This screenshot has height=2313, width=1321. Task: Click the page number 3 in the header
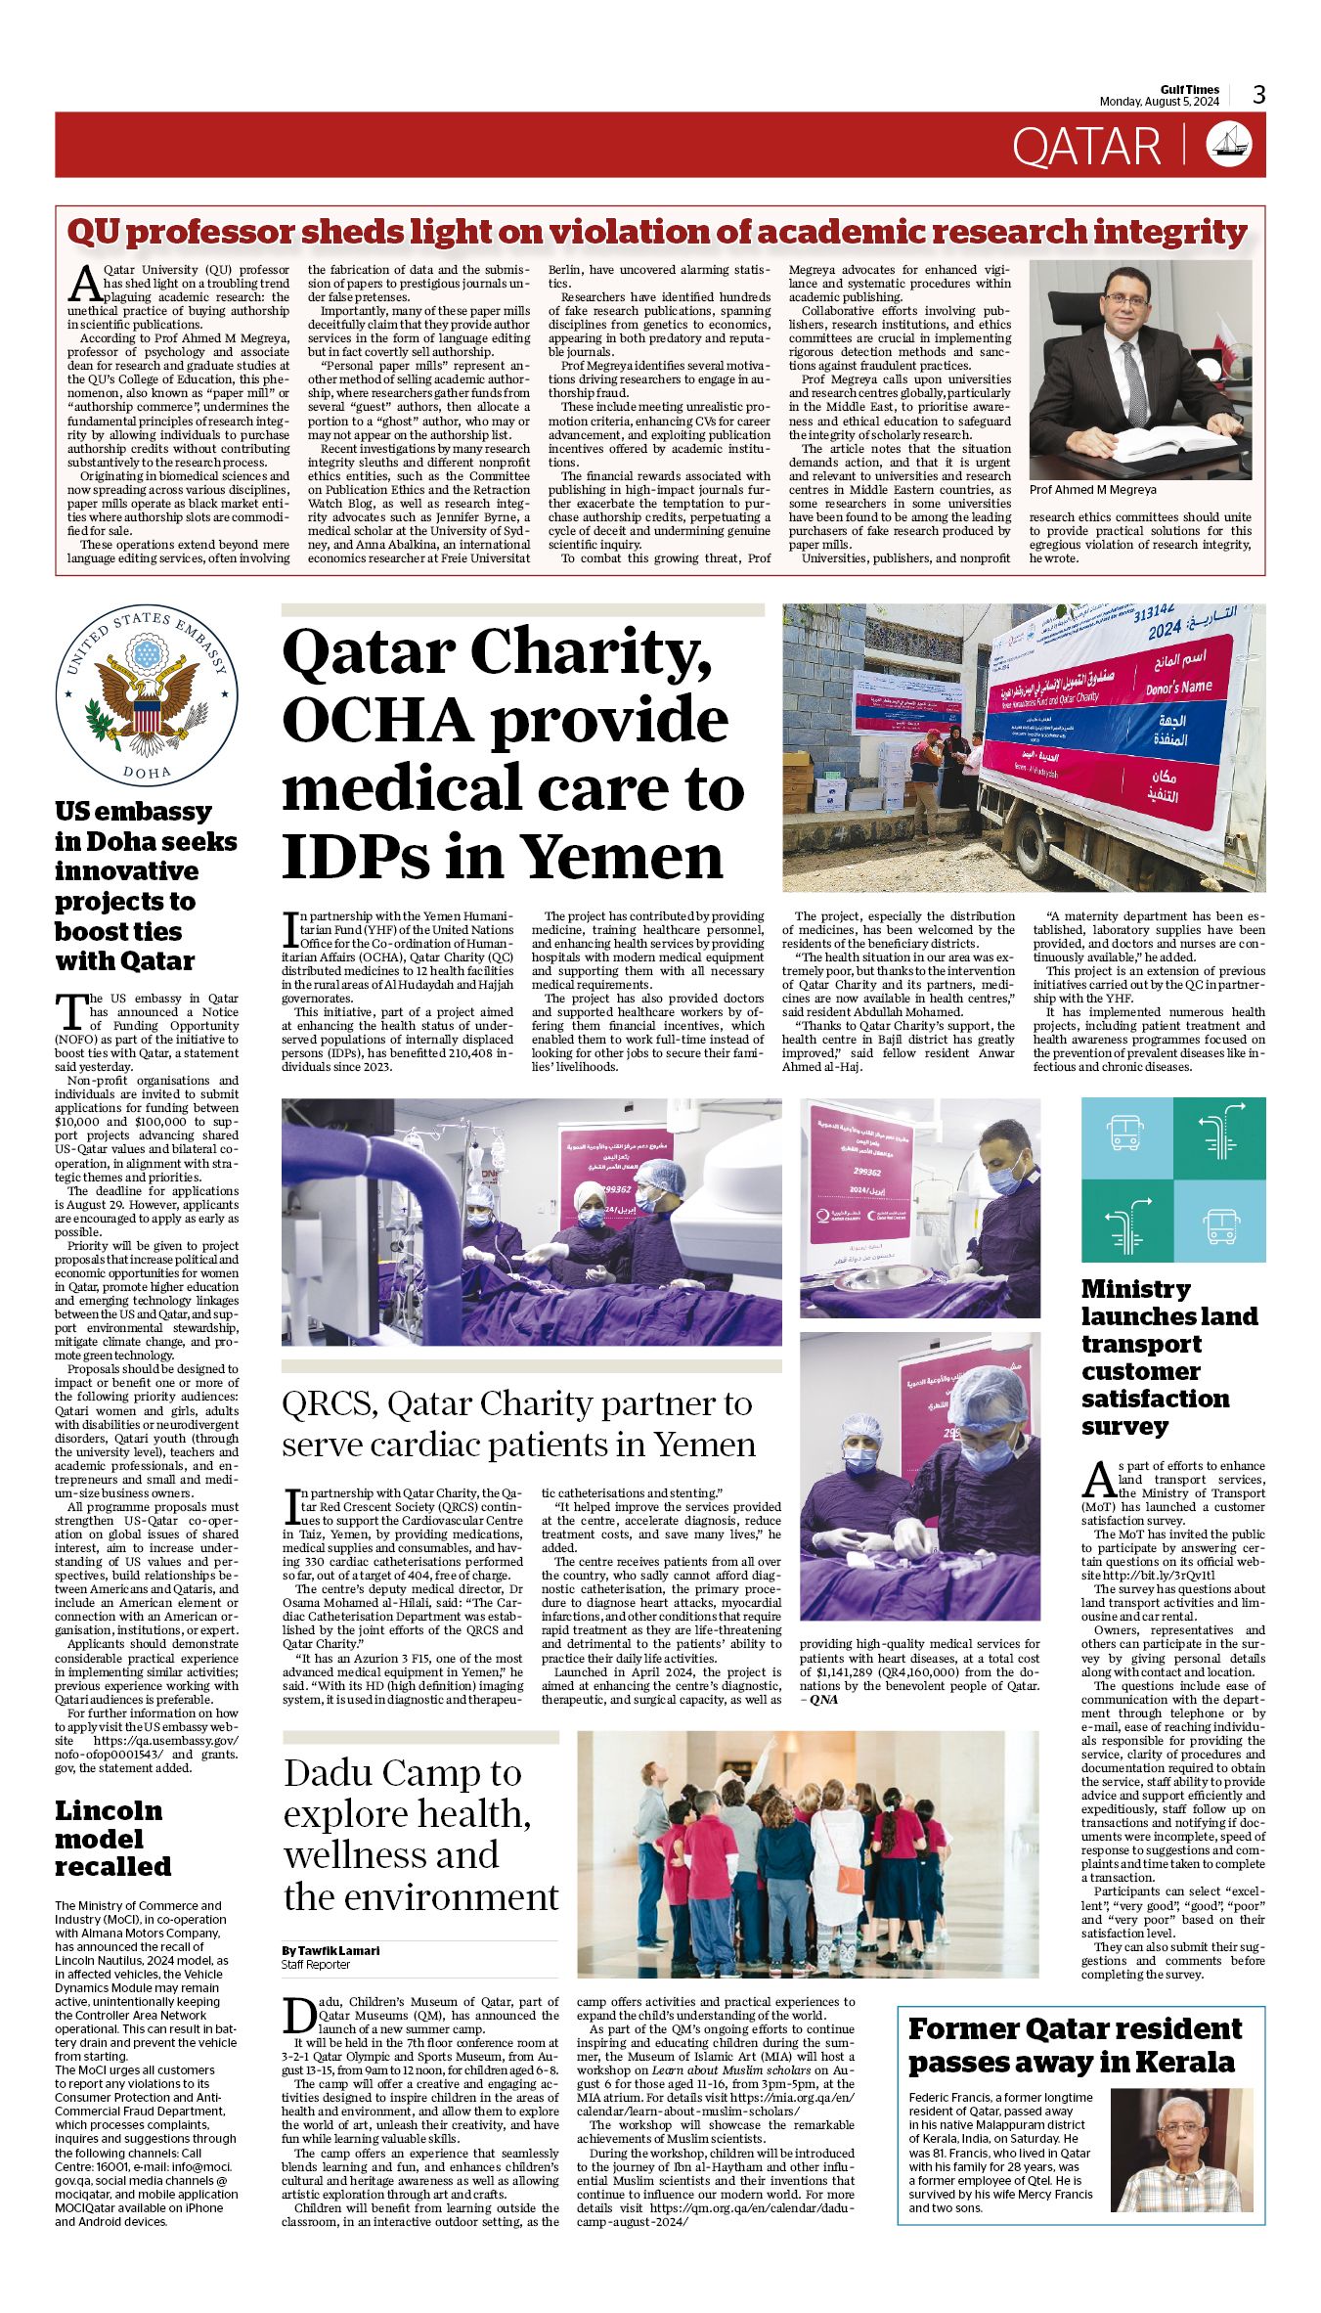pyautogui.click(x=1258, y=95)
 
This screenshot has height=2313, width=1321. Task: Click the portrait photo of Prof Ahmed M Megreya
pyautogui.click(x=1140, y=369)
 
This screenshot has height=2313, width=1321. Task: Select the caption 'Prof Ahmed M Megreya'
pyautogui.click(x=1092, y=490)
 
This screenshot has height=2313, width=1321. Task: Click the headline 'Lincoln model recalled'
pyautogui.click(x=112, y=1839)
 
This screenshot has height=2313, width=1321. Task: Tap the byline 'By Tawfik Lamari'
pyautogui.click(x=330, y=1950)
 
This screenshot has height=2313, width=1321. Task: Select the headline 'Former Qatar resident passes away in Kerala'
pyautogui.click(x=1075, y=2045)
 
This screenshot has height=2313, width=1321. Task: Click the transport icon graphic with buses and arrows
pyautogui.click(x=1172, y=1179)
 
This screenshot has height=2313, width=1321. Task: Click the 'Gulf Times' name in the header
pyautogui.click(x=1190, y=90)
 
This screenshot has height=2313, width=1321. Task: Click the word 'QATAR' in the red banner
pyautogui.click(x=1085, y=146)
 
